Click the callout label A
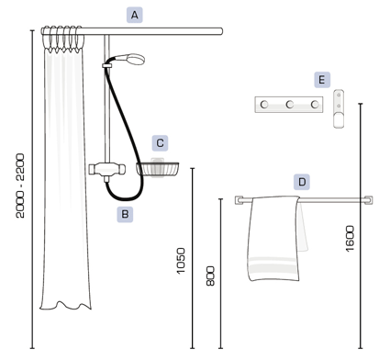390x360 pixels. point(135,16)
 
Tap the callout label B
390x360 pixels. point(125,214)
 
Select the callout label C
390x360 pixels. point(160,143)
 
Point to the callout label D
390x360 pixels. point(302,182)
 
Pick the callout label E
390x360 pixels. point(322,80)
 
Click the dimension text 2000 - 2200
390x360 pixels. point(20,186)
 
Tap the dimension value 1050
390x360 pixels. point(181,261)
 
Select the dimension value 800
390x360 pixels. point(210,276)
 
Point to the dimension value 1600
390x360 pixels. point(350,239)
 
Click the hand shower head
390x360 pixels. point(135,59)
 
